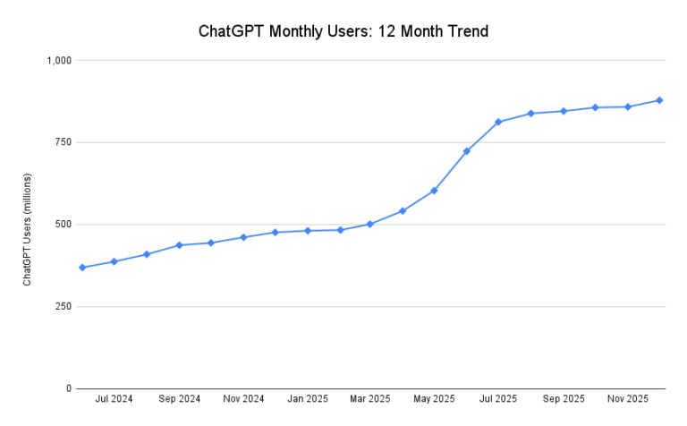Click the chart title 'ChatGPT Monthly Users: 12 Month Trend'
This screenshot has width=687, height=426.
coord(343,32)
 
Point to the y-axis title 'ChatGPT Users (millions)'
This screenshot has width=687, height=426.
coord(27,230)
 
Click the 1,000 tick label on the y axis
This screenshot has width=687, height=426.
coord(60,60)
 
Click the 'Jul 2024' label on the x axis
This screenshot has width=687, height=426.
coord(114,399)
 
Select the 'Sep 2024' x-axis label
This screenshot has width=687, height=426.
coord(179,399)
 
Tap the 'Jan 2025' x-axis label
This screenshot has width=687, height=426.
coord(308,399)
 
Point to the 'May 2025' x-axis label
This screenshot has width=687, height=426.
coord(434,399)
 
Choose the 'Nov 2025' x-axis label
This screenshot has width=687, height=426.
coord(628,399)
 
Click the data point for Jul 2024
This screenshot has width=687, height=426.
coord(114,261)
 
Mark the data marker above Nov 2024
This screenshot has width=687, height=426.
coord(243,237)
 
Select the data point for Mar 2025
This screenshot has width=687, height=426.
coord(370,224)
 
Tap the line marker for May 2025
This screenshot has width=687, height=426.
coord(434,191)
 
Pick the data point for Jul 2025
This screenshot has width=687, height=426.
coord(498,122)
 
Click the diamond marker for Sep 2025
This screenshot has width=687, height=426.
coord(564,111)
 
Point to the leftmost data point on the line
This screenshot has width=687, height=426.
coord(82,268)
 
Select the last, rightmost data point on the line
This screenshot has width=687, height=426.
coord(659,100)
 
